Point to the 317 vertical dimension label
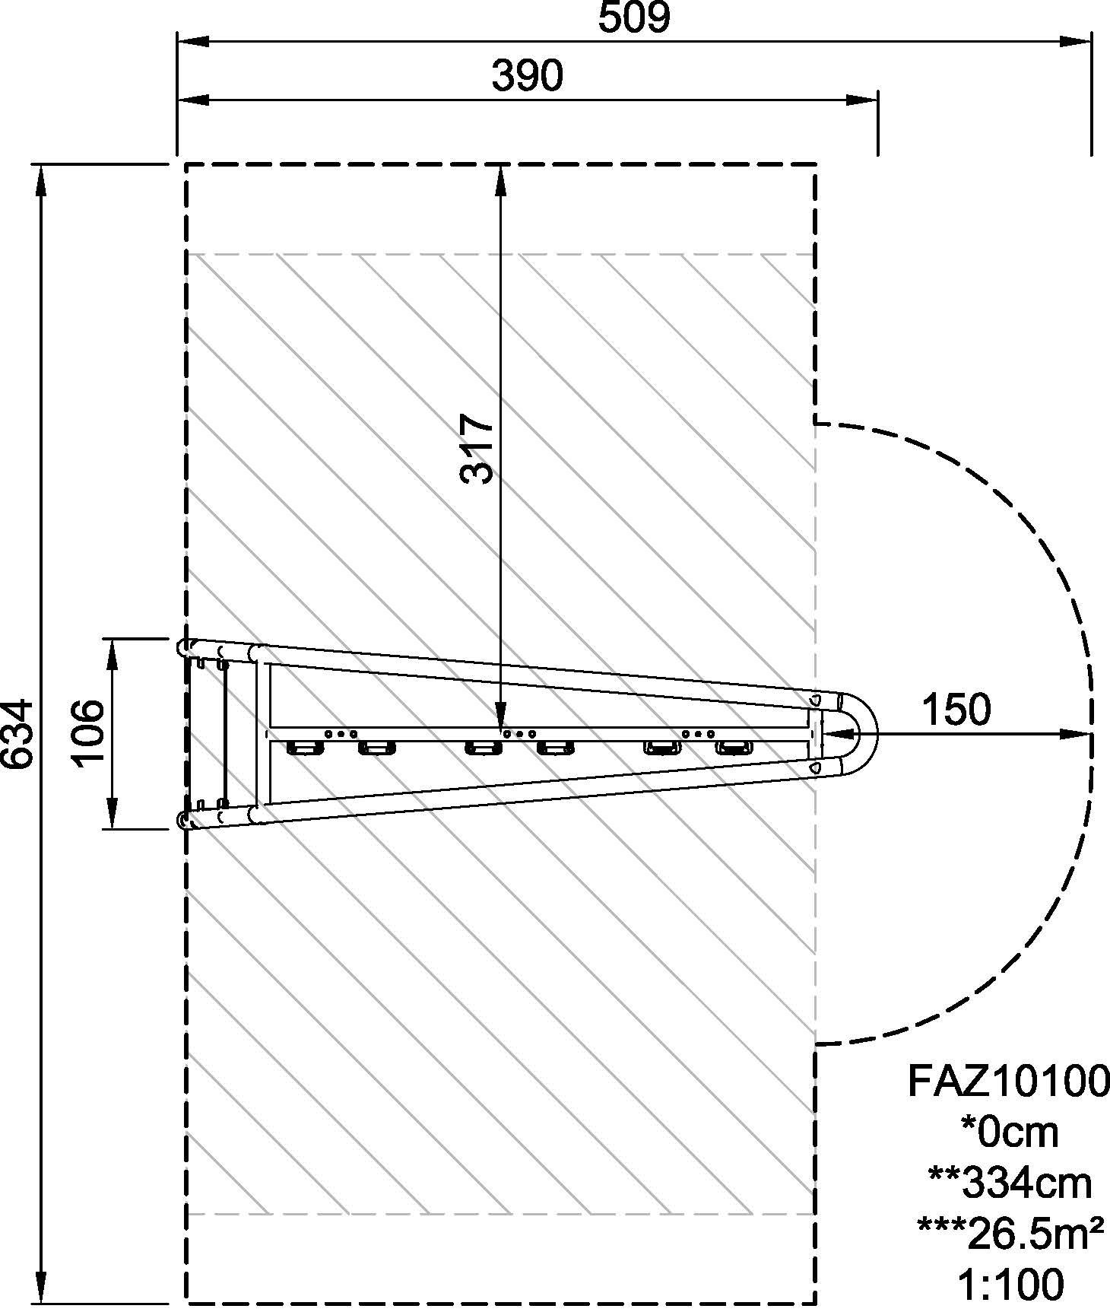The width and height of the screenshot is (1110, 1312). click(477, 449)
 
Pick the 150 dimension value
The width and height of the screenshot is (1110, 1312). click(956, 709)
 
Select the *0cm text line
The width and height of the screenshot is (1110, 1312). click(1009, 1132)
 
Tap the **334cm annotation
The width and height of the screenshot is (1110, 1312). click(1010, 1183)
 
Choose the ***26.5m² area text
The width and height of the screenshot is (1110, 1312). click(1010, 1234)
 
